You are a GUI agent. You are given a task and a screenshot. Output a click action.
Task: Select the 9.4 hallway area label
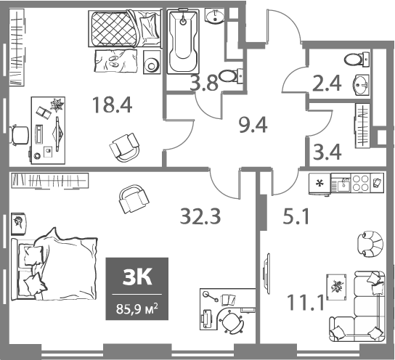pyautogui.click(x=253, y=127)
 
